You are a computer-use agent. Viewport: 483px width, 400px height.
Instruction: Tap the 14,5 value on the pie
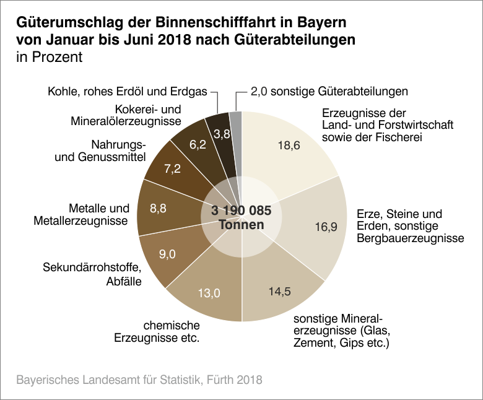[x=281, y=290]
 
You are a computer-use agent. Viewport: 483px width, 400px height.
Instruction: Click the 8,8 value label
[x=159, y=209]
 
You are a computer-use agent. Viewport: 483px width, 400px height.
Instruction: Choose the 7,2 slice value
[x=172, y=169]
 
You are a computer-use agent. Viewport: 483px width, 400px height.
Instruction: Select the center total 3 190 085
[x=241, y=211]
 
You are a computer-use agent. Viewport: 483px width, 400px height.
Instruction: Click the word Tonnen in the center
[x=241, y=225]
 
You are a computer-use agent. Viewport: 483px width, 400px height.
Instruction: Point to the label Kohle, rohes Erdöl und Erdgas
[x=128, y=92]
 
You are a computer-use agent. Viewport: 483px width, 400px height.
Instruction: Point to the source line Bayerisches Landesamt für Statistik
[x=139, y=379]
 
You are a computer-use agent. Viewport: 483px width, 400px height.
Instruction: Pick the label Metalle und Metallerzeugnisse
[x=91, y=214]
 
